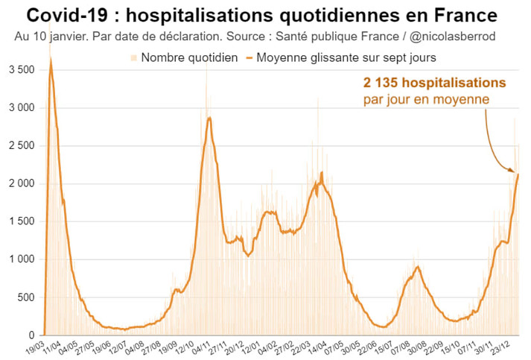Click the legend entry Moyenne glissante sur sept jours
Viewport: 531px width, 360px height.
(x=346, y=57)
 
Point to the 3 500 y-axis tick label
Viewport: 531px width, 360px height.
(x=21, y=70)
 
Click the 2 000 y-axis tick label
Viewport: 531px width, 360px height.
(x=21, y=183)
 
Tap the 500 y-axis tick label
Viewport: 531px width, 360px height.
(x=27, y=297)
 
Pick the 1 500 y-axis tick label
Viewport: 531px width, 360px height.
(x=21, y=221)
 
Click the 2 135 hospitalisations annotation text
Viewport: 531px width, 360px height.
(x=435, y=82)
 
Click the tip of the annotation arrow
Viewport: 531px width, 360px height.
(x=515, y=172)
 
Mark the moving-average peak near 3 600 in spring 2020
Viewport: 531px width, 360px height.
(x=50, y=59)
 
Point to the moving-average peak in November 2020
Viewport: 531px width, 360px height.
(x=210, y=117)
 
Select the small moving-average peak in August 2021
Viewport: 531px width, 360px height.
(x=418, y=267)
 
